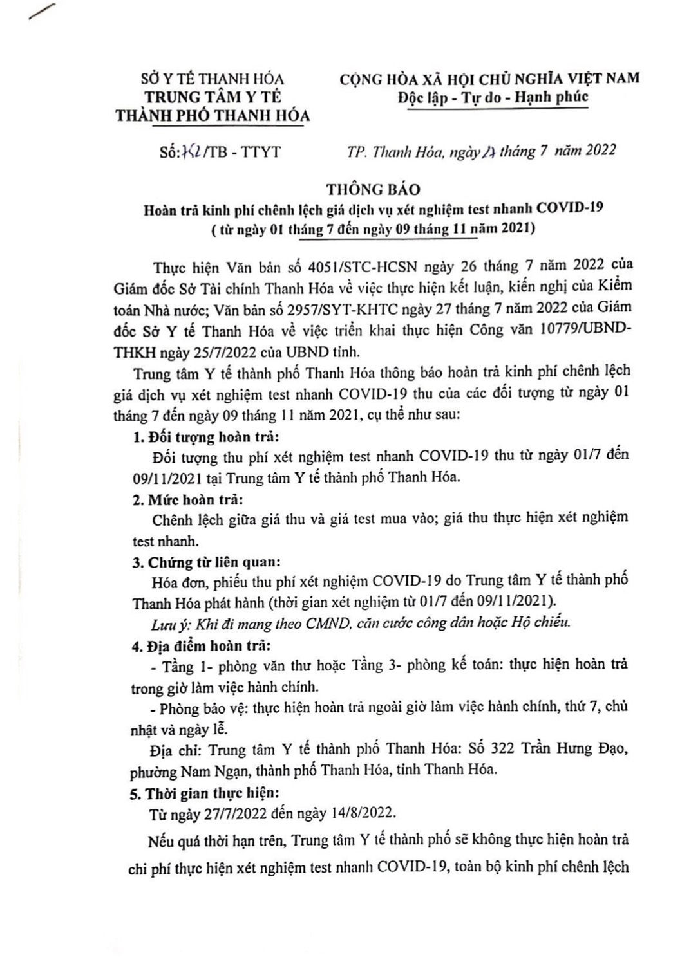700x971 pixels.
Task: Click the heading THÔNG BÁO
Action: [x=373, y=189]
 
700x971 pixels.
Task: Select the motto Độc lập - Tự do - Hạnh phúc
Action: [x=491, y=97]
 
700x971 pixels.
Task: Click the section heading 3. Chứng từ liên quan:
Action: [x=206, y=562]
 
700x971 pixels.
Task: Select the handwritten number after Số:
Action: [x=192, y=152]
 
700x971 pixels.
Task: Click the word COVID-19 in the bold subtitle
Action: [x=573, y=209]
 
